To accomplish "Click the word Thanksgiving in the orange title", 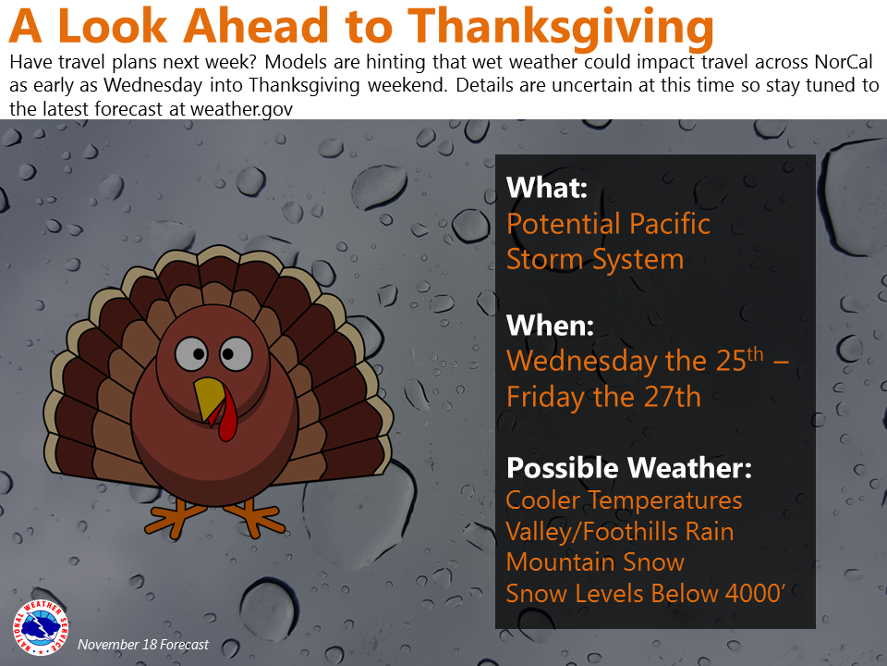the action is [561, 27].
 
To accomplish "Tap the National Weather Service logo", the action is [40, 627].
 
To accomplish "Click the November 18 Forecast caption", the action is [143, 645].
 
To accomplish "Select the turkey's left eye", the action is [191, 354].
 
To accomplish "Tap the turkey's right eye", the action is [236, 353].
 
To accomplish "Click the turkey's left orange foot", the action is [175, 516].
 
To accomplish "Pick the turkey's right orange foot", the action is [253, 516].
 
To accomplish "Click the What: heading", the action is [547, 188].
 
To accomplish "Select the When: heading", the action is [550, 326].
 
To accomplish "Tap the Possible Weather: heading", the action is [629, 468].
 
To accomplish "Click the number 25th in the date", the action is [739, 360].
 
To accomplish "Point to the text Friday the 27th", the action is [603, 397].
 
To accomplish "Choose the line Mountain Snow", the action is [595, 561].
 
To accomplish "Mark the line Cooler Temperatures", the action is [624, 500].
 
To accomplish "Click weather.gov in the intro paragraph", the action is [241, 109].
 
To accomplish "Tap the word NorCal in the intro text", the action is [844, 62].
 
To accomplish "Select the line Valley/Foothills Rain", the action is [620, 532].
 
